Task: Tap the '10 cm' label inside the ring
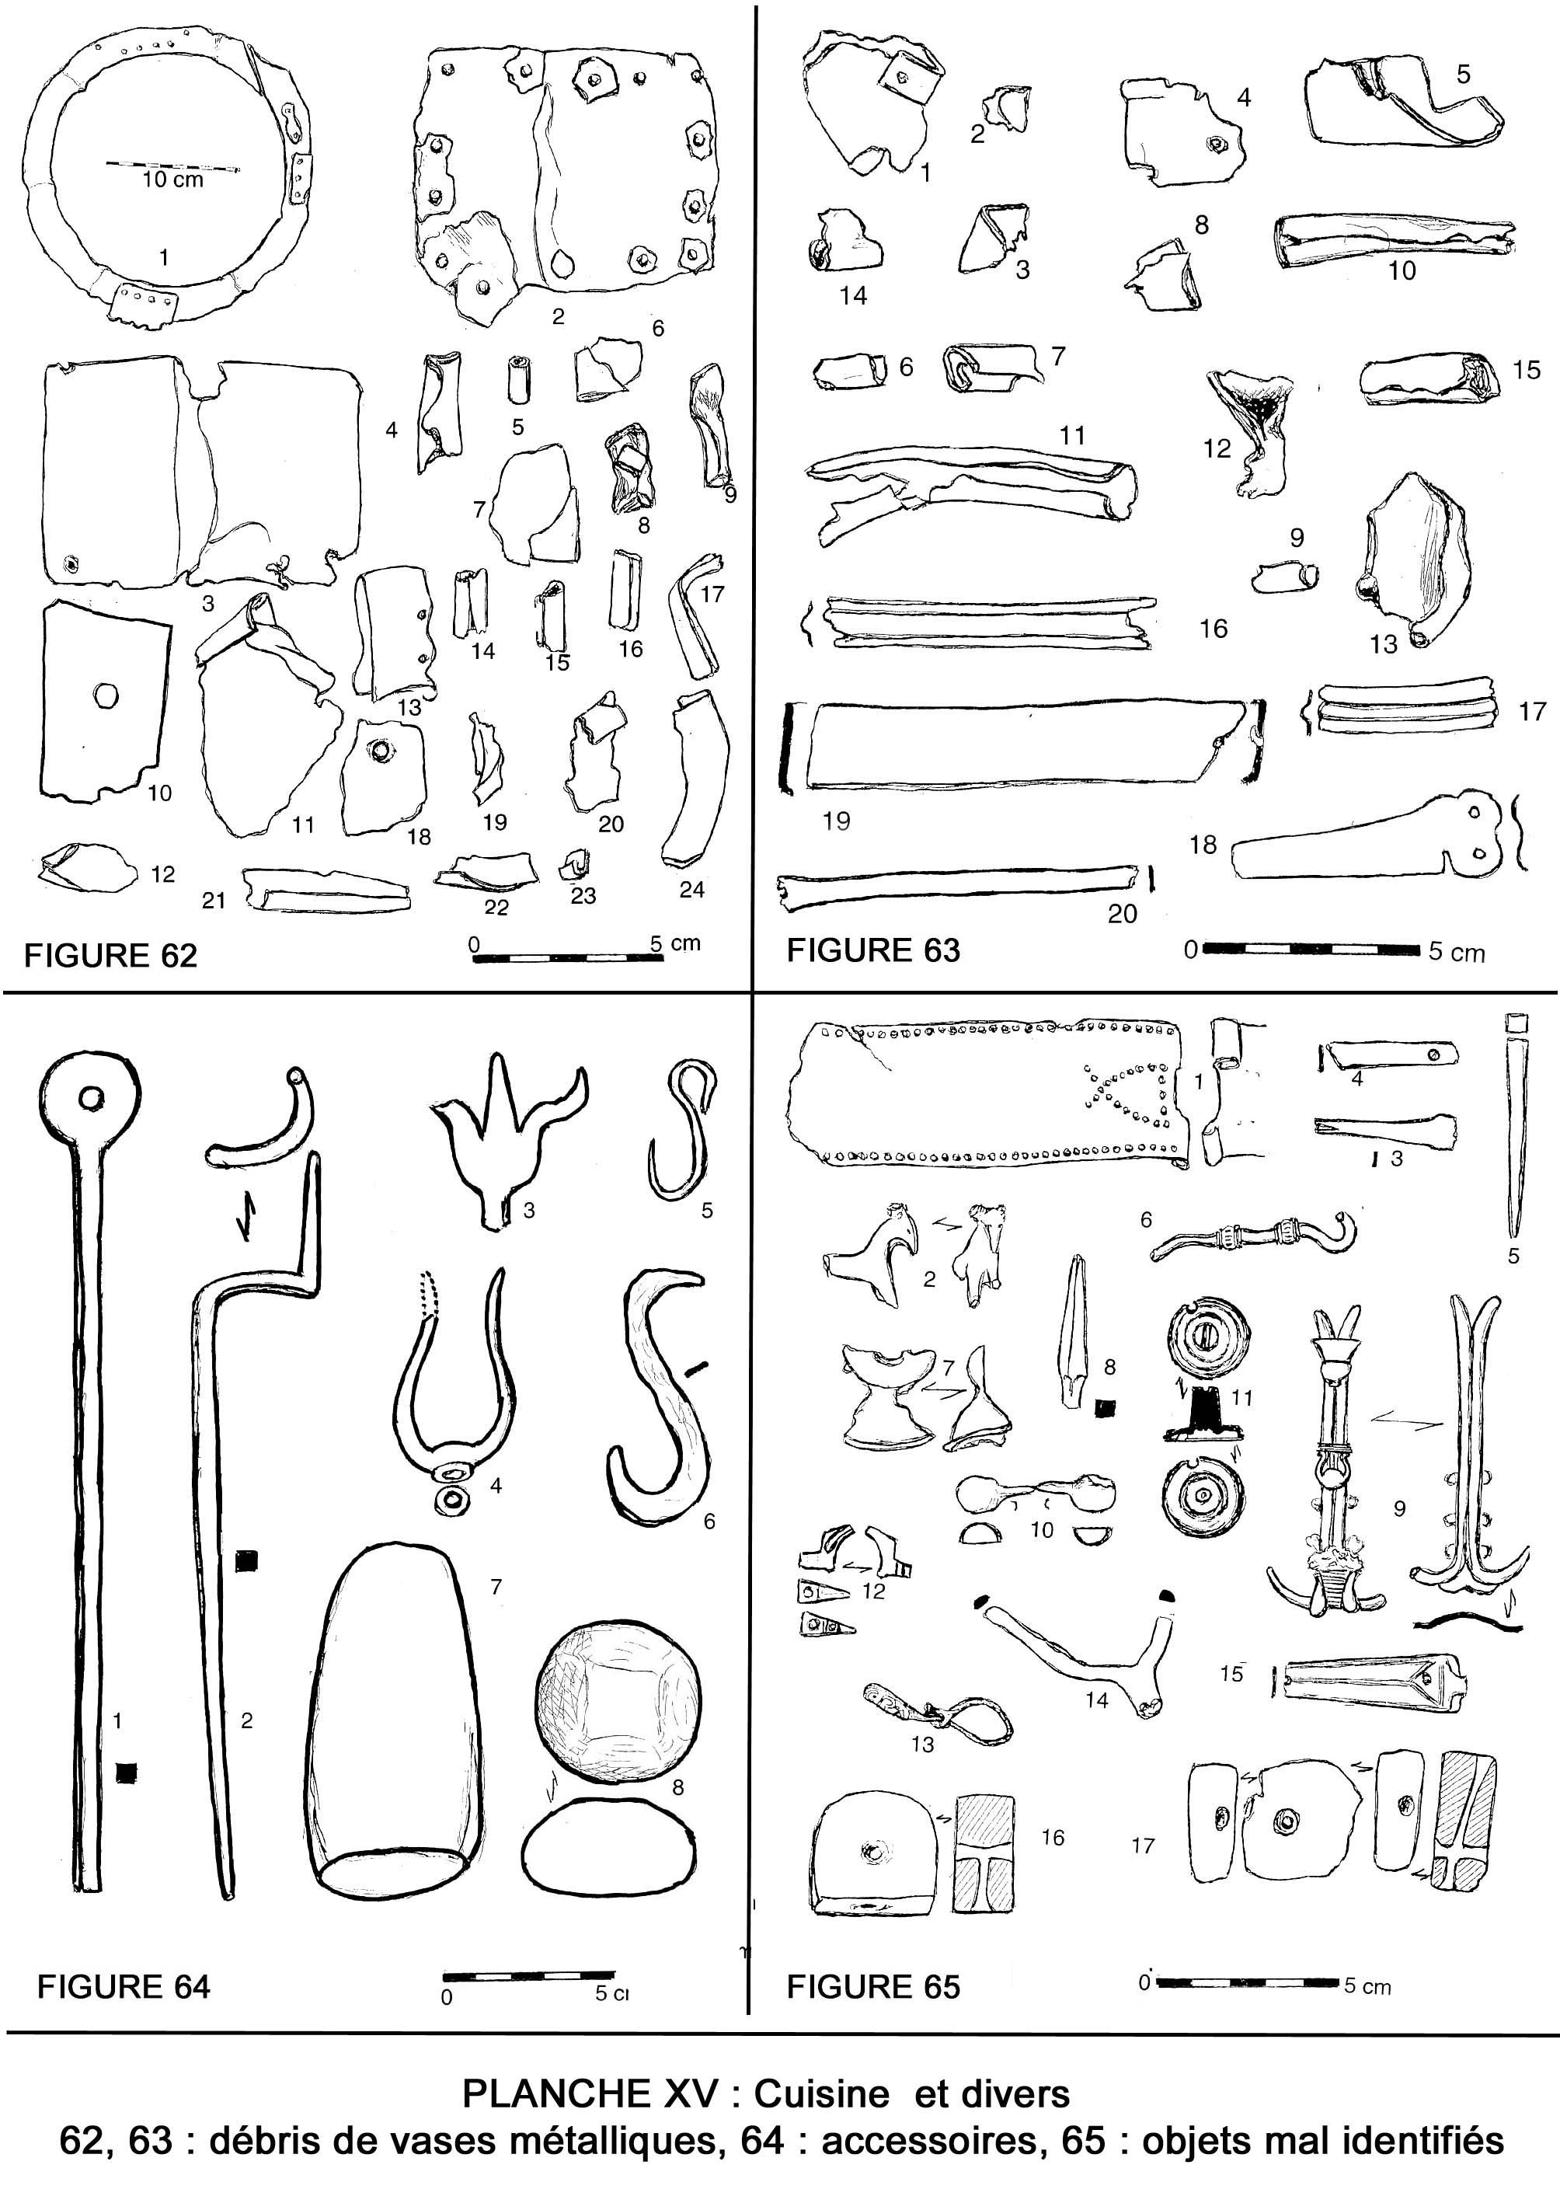coord(173,180)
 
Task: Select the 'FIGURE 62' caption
coord(110,955)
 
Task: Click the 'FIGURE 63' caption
coord(873,950)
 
